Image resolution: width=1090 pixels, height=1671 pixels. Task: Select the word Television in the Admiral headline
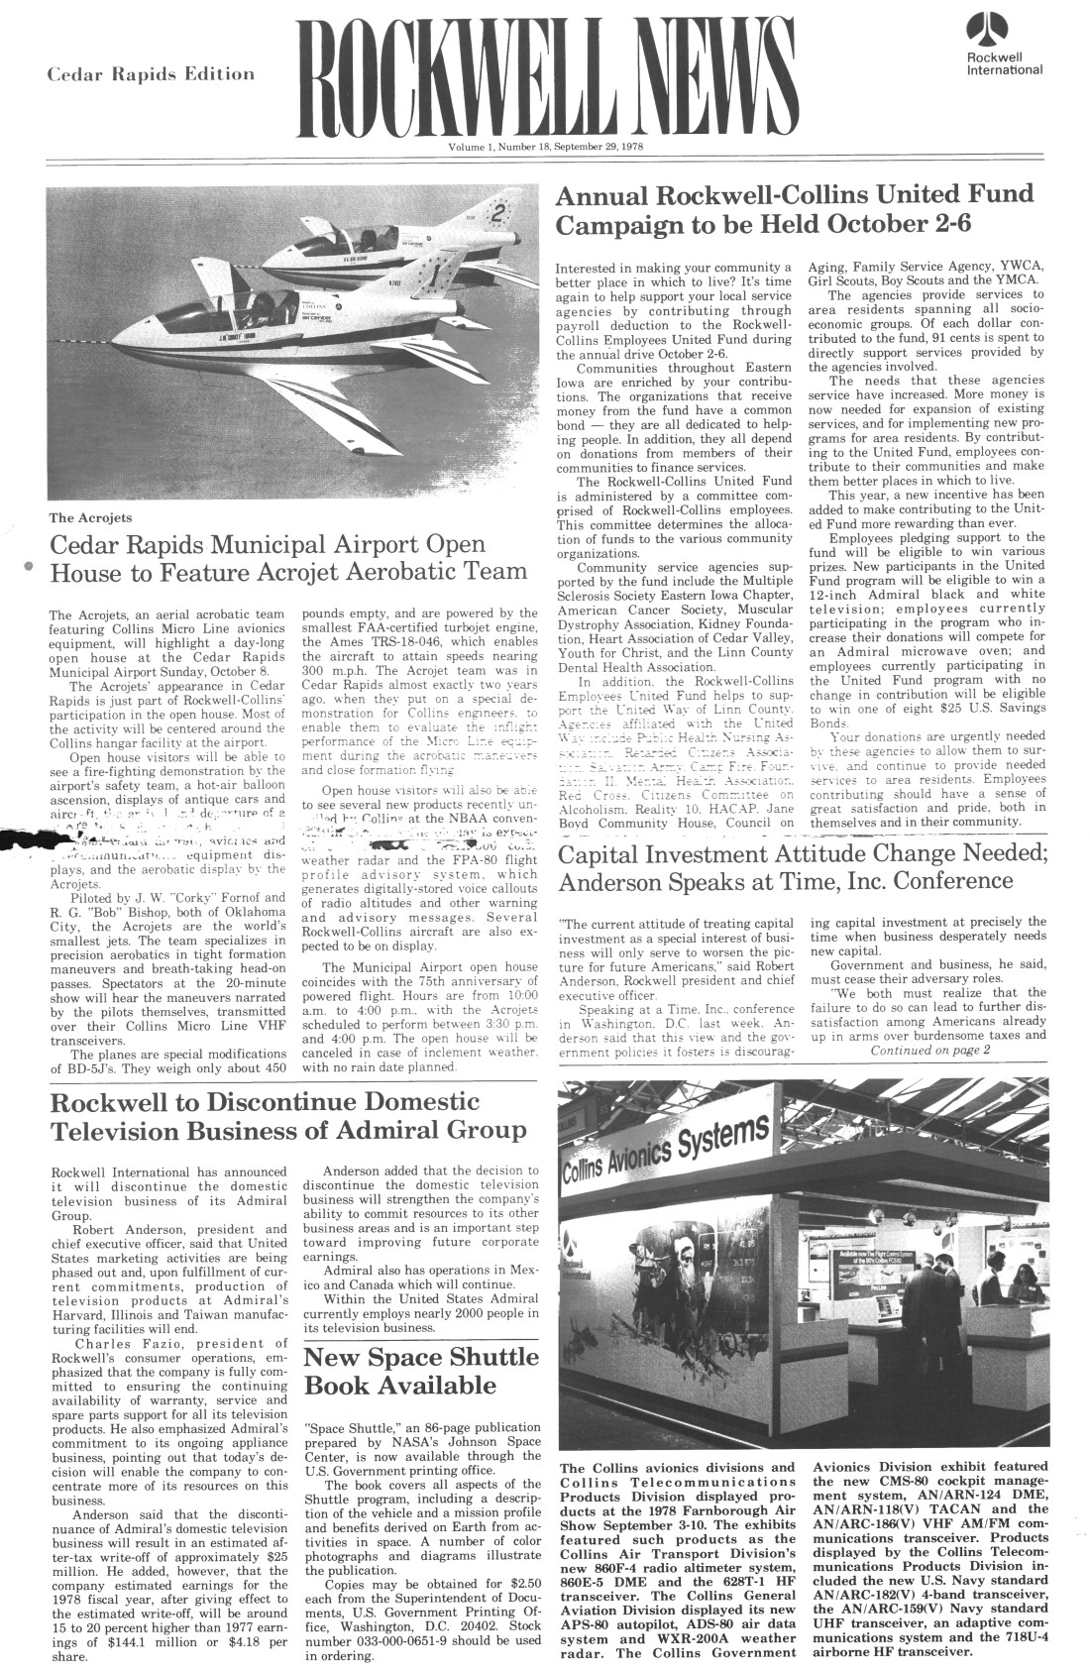tap(118, 1131)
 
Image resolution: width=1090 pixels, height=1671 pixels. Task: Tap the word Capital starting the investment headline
tap(605, 853)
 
